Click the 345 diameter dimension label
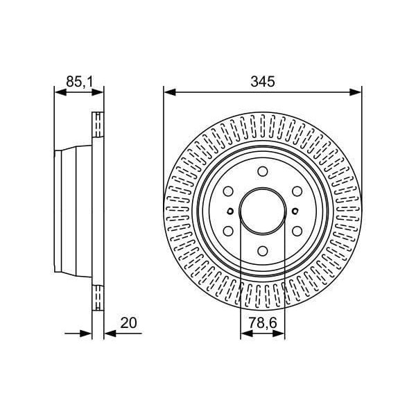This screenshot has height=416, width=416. coord(263,81)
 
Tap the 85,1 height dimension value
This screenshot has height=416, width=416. coord(79,81)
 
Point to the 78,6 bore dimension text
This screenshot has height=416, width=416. coord(263,323)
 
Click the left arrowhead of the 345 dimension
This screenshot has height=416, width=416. coord(168,91)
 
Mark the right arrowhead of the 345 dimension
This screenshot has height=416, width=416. coord(357,91)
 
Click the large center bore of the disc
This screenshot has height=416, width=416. coord(263,211)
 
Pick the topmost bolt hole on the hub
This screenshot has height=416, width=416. coord(263,171)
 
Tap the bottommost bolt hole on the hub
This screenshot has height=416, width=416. coord(263,252)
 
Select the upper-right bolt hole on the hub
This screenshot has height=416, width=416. coord(297,191)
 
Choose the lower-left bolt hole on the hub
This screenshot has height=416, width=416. coord(228,232)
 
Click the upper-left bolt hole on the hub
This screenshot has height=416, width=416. coord(228,191)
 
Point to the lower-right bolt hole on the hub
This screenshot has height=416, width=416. coord(297,232)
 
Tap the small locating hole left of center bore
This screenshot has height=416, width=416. coord(229,211)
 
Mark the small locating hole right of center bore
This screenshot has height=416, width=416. coord(296,211)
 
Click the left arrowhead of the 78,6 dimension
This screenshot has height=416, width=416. coord(244,333)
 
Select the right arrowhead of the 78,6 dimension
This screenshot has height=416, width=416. coord(281,333)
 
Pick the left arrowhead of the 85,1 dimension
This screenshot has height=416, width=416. coord(58,91)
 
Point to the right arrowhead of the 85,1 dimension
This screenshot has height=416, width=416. coord(99,91)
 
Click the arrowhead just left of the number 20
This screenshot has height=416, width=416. coord(108,333)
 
